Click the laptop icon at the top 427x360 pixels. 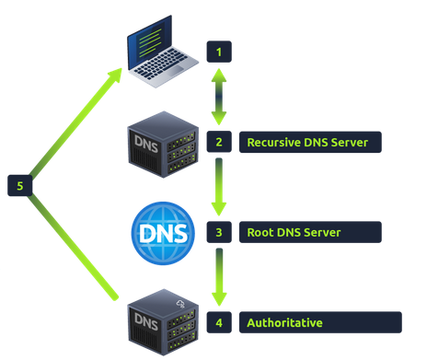coord(160,51)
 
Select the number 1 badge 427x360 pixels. coord(219,52)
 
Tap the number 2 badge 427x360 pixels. coord(219,142)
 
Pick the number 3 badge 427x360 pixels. coord(219,232)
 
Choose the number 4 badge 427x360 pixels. coord(219,322)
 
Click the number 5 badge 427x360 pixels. coord(20,185)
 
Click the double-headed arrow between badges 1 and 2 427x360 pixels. coord(219,97)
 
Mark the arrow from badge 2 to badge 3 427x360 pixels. coord(219,187)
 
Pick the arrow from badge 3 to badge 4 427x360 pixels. coord(219,277)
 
